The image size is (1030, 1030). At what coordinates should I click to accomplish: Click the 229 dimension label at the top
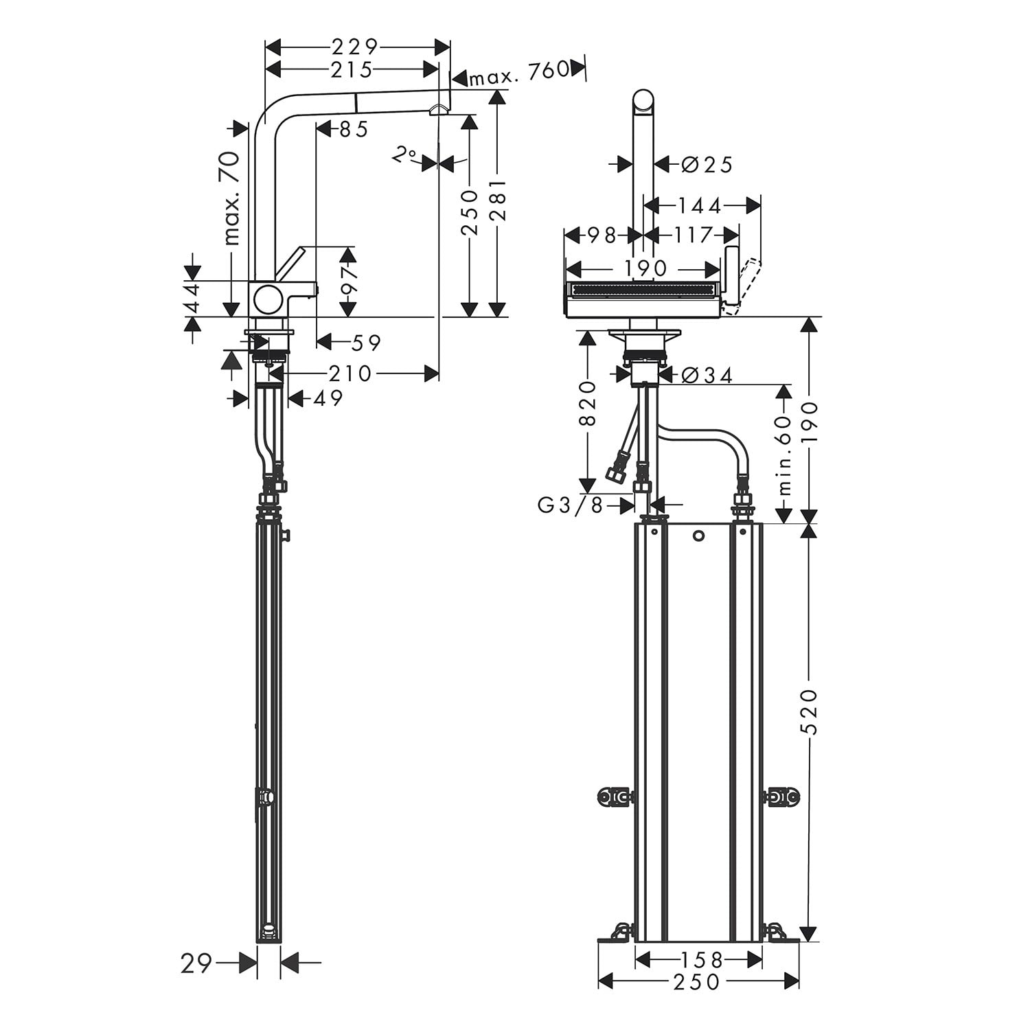click(x=355, y=47)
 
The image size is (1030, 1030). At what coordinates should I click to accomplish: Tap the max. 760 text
click(x=519, y=71)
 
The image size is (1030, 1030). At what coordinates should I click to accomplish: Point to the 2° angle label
click(x=404, y=155)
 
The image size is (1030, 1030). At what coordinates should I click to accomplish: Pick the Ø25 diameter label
click(x=707, y=164)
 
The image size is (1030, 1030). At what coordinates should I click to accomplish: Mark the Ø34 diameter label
click(x=707, y=375)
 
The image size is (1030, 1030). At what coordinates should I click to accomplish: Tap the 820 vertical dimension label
click(x=588, y=404)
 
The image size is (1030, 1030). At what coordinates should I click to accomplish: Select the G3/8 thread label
click(x=570, y=505)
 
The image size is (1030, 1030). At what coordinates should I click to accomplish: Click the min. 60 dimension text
click(x=786, y=455)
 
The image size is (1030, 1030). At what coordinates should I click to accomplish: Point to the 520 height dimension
click(x=810, y=711)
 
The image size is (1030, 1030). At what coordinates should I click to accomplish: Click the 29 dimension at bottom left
click(x=196, y=964)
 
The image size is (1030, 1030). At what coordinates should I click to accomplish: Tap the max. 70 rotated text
click(x=232, y=198)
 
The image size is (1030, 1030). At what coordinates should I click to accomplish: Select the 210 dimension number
click(x=350, y=374)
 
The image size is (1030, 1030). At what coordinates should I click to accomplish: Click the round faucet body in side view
click(x=267, y=299)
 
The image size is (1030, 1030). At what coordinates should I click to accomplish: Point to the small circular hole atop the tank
click(x=698, y=536)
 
